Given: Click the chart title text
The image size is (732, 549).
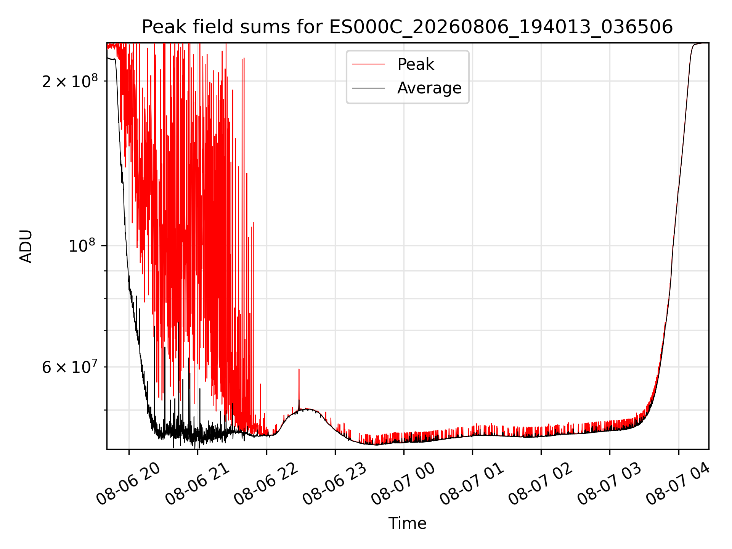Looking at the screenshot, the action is click(407, 27).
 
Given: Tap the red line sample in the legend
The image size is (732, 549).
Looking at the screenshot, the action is click(369, 64).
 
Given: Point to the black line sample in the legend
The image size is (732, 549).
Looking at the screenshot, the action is click(369, 88).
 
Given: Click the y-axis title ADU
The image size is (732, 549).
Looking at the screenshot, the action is click(26, 246).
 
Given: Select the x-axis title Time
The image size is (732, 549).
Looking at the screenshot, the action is click(407, 523).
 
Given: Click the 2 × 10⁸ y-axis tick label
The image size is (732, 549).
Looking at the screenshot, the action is click(70, 80).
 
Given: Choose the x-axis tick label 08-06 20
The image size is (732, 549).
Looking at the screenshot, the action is click(128, 483).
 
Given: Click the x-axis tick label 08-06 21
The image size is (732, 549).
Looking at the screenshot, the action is click(197, 483).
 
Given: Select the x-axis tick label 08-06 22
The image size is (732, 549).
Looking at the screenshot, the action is click(266, 483).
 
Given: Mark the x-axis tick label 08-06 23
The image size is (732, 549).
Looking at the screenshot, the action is click(335, 483).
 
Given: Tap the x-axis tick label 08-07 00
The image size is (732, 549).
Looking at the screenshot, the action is click(403, 483).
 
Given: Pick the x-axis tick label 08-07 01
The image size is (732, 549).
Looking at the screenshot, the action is click(472, 483).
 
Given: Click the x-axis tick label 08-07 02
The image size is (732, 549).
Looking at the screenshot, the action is click(541, 483).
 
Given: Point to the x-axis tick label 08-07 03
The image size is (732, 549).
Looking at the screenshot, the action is click(609, 483).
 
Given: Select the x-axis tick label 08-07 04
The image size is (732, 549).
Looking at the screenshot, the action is click(678, 483).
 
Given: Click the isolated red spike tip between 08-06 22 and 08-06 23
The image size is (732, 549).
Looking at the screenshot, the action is click(299, 369).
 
